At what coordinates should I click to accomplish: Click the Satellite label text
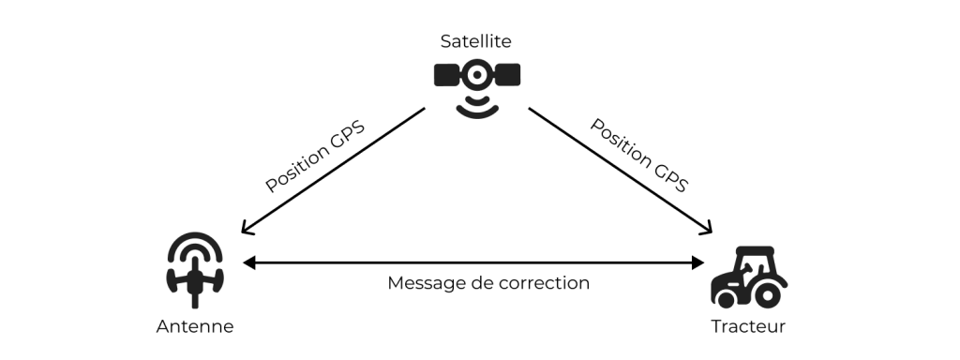[475, 41]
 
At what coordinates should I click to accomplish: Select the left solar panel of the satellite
[447, 75]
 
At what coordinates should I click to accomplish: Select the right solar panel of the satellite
[506, 75]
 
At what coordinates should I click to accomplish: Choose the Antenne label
[194, 326]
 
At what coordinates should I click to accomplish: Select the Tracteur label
[747, 326]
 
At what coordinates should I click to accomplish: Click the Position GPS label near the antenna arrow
[314, 156]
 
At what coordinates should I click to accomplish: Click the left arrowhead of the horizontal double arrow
[248, 263]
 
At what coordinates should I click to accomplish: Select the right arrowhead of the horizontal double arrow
[698, 263]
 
